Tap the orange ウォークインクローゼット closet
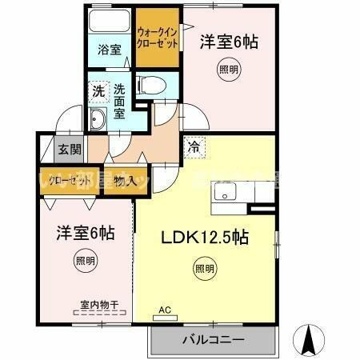tap(156, 39)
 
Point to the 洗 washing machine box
tap(98, 90)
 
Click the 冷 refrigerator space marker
tap(194, 146)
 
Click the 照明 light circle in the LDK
tap(204, 269)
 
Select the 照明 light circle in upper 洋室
tap(228, 70)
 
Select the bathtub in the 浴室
tap(110, 21)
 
